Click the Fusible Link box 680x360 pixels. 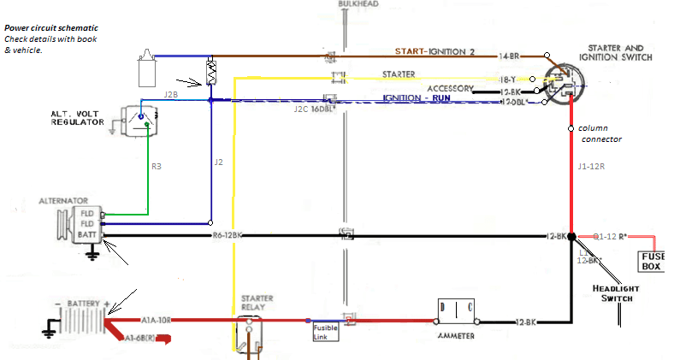pyautogui.click(x=325, y=331)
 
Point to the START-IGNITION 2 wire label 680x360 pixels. pyautogui.click(x=446, y=51)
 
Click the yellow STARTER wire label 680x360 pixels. pyautogui.click(x=399, y=74)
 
